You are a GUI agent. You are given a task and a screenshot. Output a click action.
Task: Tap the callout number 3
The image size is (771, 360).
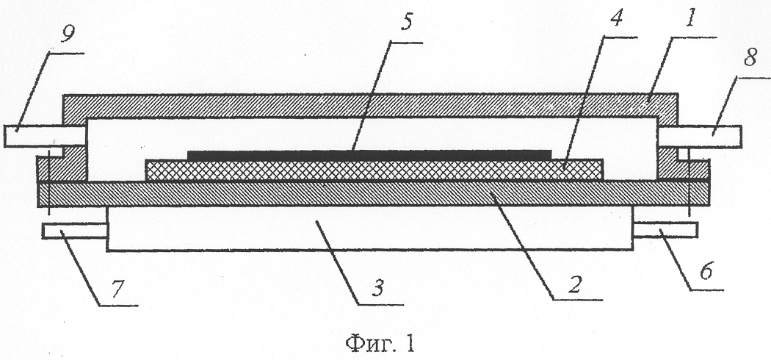point(377,288)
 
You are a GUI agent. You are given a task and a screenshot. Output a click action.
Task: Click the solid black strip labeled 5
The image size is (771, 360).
point(369,154)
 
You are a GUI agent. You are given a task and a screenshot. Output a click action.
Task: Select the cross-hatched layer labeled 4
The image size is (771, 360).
point(374,170)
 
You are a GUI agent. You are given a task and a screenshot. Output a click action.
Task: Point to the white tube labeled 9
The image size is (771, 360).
point(45,136)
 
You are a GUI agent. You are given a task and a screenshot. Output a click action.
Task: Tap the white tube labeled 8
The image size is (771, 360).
point(699,136)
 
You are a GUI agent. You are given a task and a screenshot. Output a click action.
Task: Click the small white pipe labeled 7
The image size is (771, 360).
point(75,231)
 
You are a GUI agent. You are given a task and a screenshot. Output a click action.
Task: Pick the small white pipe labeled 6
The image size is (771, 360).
point(665,230)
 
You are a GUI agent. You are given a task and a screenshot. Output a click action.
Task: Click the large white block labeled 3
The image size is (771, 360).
point(370,228)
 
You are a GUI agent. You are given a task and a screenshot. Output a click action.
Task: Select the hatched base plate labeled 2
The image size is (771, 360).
point(374,193)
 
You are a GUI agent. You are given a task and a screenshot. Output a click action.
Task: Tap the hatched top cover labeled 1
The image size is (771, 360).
point(370,105)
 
